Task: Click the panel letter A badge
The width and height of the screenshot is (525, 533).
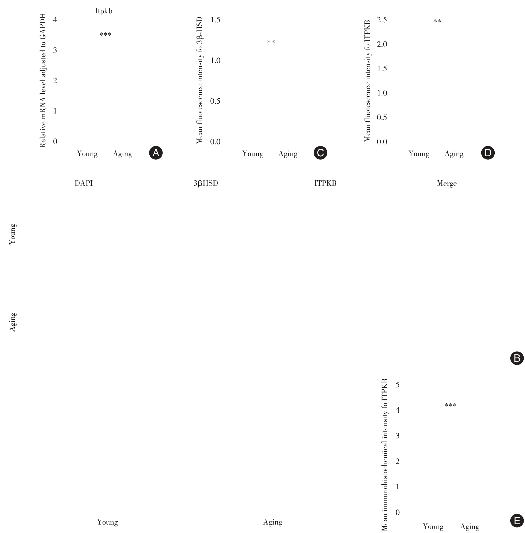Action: click(x=156, y=153)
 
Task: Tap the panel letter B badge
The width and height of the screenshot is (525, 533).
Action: click(x=517, y=358)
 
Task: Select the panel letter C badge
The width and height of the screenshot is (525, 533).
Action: click(x=320, y=153)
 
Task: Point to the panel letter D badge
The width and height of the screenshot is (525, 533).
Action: click(x=488, y=153)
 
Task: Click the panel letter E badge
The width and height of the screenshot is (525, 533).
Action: click(x=517, y=521)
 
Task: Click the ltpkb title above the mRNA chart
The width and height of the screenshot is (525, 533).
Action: click(x=104, y=11)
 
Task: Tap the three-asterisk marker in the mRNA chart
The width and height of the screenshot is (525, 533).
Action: click(x=105, y=35)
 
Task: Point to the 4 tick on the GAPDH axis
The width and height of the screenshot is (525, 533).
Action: click(x=55, y=20)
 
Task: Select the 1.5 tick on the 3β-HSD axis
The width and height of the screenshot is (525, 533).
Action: click(x=215, y=20)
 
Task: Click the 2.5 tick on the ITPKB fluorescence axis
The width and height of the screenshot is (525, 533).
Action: click(x=382, y=20)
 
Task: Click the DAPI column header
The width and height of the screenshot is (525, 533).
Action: click(x=84, y=184)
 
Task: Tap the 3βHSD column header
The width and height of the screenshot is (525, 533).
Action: click(x=206, y=184)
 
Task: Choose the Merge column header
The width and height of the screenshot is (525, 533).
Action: click(x=447, y=184)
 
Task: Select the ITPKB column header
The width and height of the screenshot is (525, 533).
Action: click(x=325, y=184)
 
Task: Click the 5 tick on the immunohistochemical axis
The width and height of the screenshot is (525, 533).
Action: click(x=397, y=385)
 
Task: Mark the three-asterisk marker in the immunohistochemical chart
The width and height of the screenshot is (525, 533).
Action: click(x=450, y=405)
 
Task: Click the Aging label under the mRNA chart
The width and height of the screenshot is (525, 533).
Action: click(x=122, y=154)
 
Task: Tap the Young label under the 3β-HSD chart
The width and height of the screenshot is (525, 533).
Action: click(x=253, y=154)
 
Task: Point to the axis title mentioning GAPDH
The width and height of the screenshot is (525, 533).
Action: click(x=43, y=80)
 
